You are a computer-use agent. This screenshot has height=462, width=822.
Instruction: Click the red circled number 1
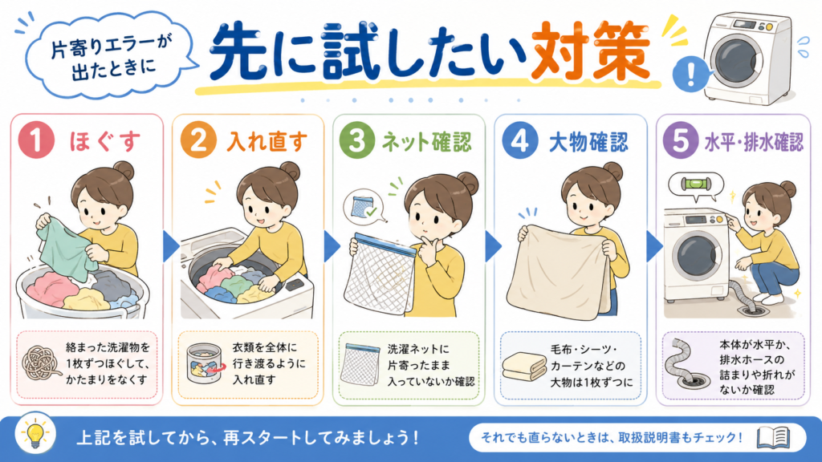point(37,140)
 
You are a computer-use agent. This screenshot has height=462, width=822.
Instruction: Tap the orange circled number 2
point(199,140)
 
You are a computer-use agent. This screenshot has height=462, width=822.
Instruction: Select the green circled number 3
point(357,140)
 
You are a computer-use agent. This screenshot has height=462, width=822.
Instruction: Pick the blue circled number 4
point(520,140)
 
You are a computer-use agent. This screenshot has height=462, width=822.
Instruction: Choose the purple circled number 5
point(681,140)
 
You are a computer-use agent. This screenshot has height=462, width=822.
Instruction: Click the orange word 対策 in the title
point(590,51)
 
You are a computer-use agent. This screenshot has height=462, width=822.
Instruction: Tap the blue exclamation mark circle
point(690,75)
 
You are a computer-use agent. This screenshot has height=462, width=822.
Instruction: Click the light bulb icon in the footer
point(35,434)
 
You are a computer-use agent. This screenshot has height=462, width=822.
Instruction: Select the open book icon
point(773,437)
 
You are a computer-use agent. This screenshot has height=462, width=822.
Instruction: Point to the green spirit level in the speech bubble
point(696,184)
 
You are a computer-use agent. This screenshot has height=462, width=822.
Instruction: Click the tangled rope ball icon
point(40,363)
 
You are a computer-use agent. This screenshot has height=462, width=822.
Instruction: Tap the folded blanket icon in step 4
point(524,366)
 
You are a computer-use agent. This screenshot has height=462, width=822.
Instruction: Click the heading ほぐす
point(105,141)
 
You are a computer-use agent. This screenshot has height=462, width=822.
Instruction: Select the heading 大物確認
point(588,141)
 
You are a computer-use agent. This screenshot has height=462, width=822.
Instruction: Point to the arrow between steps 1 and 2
point(171,246)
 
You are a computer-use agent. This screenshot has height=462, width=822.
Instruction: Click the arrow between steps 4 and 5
point(654,246)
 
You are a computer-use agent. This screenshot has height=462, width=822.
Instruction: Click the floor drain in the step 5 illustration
point(754,310)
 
